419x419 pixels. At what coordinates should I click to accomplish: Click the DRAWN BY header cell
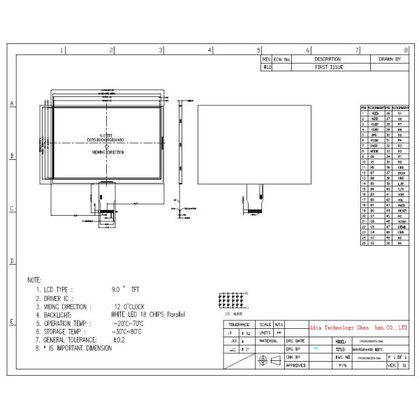pos(389,60)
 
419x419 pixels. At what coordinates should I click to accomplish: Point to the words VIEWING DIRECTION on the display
pos(107,150)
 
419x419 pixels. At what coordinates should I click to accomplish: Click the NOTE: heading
pos(34,279)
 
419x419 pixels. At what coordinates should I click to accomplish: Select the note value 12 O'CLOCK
pos(130,307)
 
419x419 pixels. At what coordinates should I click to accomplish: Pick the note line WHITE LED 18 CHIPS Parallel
pos(148,316)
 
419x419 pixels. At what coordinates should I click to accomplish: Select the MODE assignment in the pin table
pos(374,150)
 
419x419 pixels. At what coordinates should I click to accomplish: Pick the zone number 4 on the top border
pos(210,50)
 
